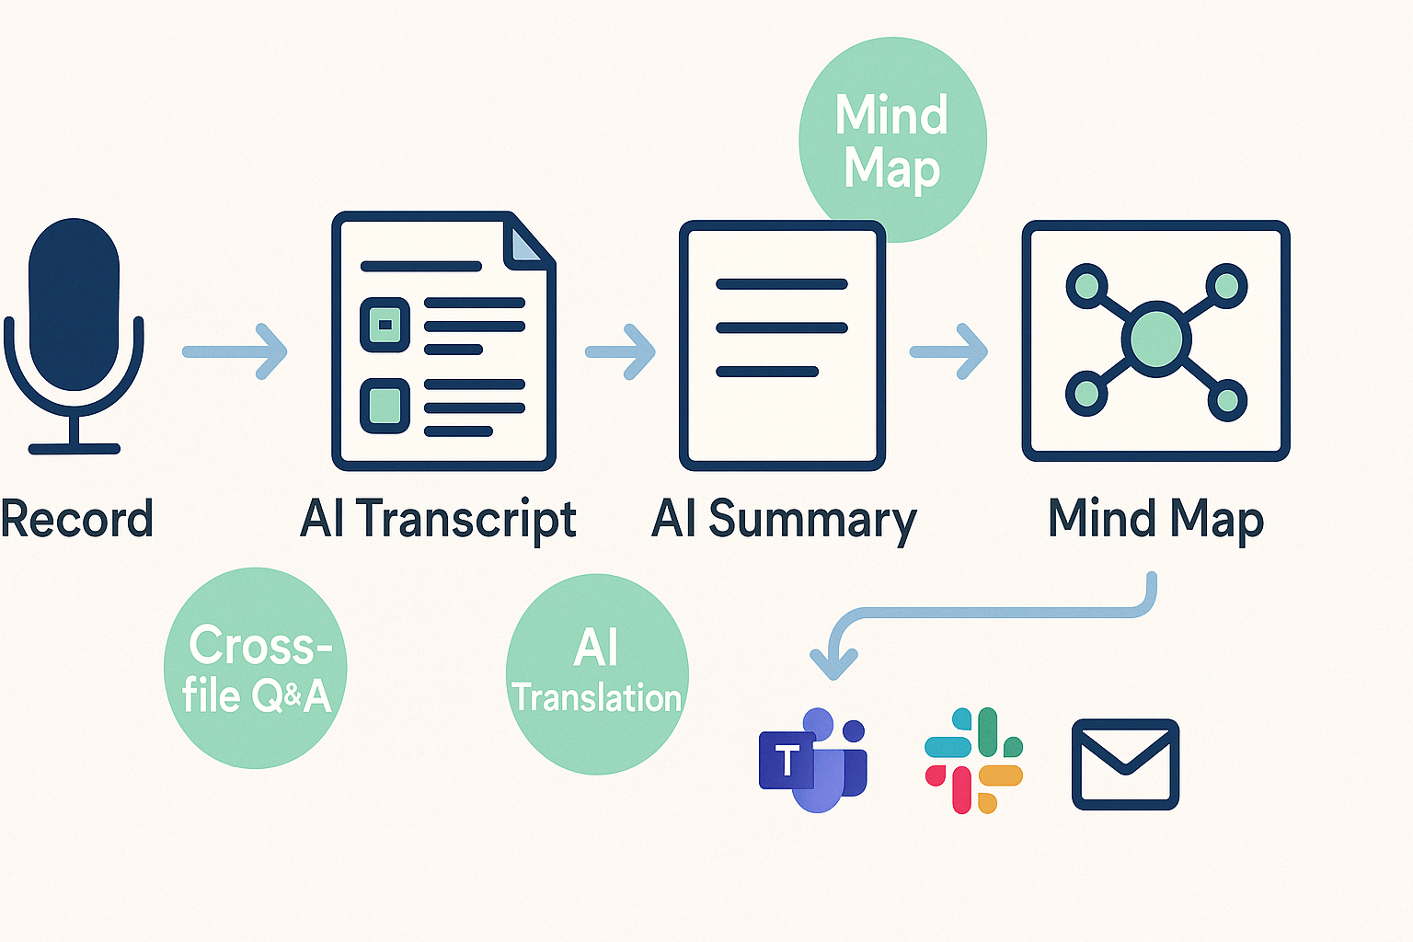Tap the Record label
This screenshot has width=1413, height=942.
point(77,519)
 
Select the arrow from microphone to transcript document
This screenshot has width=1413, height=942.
point(235,351)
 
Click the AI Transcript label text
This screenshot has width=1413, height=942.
point(438,519)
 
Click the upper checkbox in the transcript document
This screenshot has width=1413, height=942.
point(385,325)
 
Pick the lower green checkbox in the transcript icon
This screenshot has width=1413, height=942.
point(385,406)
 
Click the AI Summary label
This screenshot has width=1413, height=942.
point(784,519)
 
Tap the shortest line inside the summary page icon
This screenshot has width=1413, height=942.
point(767,372)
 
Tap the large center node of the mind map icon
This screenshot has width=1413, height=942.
point(1156,339)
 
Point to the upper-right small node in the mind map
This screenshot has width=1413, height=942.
point(1226,285)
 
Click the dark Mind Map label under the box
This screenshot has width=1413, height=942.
point(1155,519)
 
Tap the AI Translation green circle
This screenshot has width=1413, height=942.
point(597,674)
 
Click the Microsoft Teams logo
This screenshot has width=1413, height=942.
point(813,760)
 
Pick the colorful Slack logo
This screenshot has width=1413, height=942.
point(973,760)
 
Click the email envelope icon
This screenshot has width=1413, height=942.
point(1125,764)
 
